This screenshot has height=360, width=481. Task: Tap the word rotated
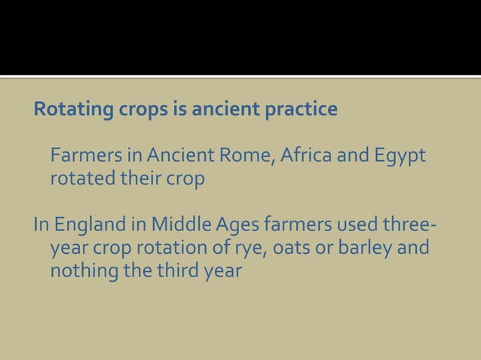[78, 180]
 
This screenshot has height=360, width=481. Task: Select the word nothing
[83, 270]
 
